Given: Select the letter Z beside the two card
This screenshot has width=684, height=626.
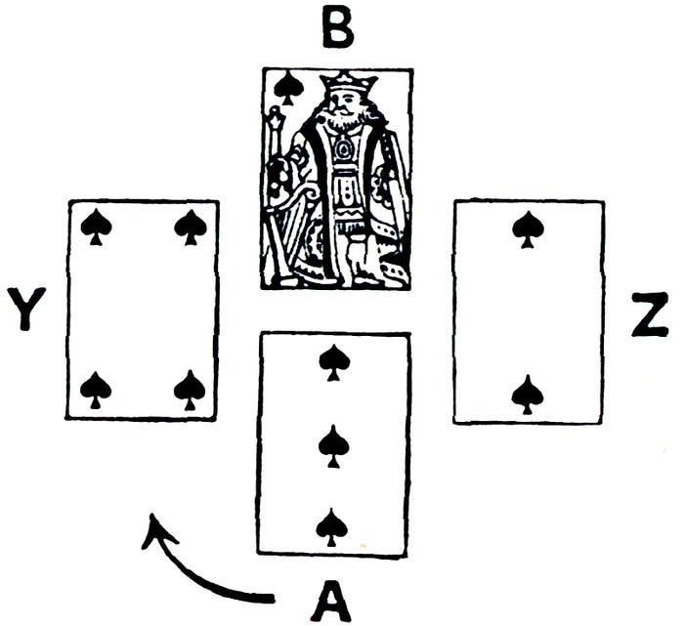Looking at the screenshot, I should [649, 314].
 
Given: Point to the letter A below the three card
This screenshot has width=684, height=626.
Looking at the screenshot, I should [331, 598].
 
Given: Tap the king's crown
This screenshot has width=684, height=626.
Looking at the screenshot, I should [348, 82].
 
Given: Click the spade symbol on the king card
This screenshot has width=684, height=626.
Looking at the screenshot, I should [286, 89].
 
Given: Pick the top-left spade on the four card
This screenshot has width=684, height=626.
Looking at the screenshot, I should [96, 228].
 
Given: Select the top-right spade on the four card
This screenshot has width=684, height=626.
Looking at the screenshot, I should [190, 228].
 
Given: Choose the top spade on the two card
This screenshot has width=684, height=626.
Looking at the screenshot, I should [529, 228].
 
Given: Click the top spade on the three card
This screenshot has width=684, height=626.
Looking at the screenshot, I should [334, 363].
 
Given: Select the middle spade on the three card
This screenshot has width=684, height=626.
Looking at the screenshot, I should [334, 444].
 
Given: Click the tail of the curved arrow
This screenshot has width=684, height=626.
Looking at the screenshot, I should [274, 594].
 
